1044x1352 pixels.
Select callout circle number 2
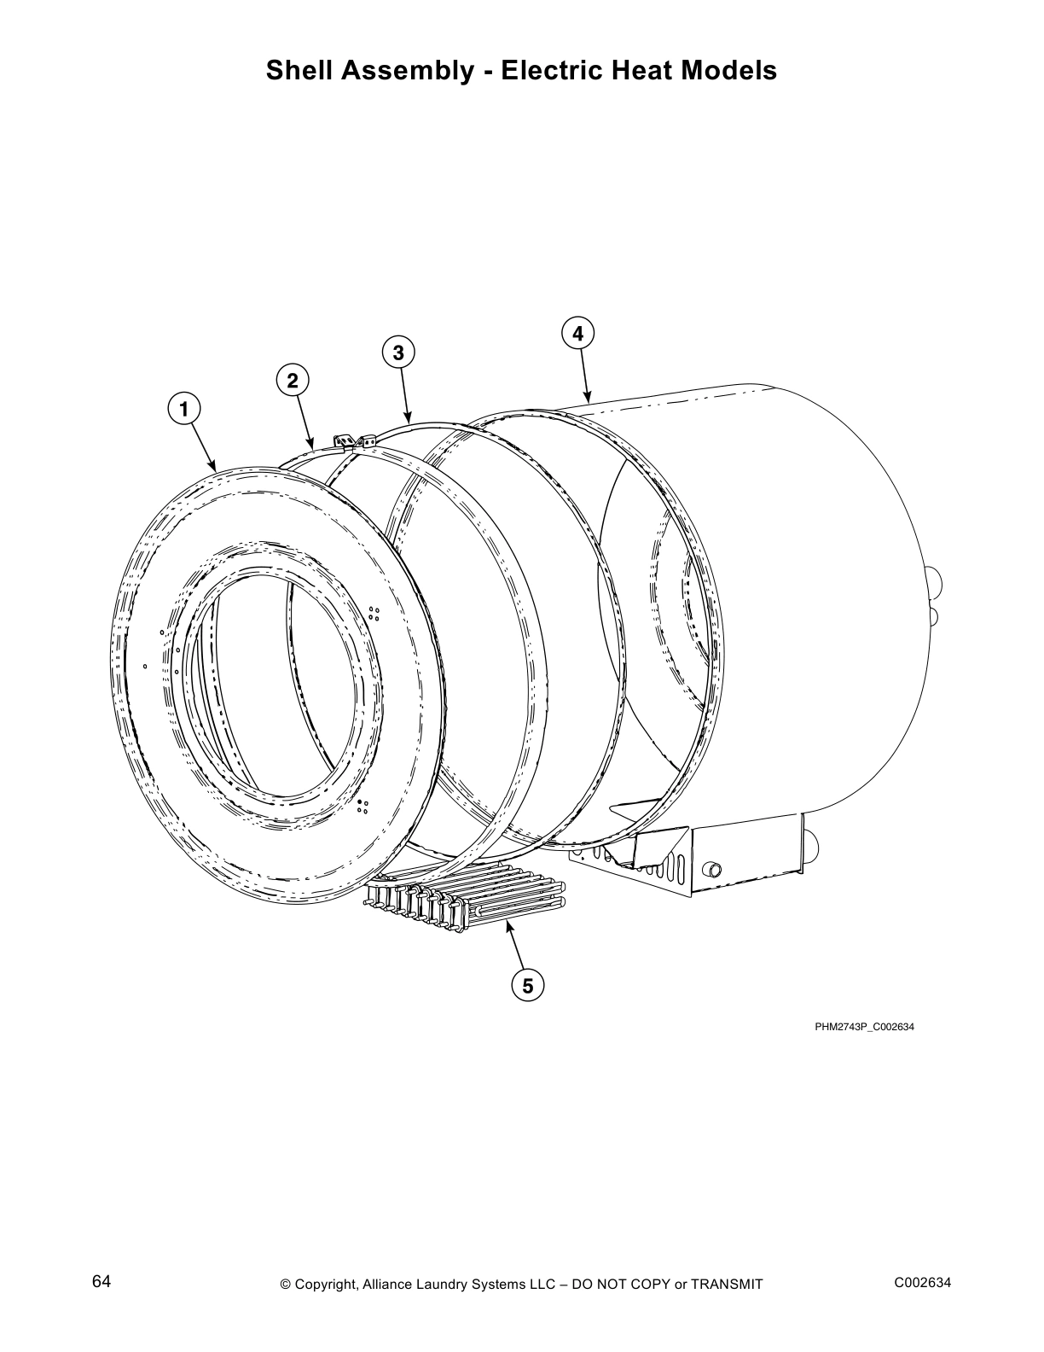point(293,381)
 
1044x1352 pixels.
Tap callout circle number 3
point(398,352)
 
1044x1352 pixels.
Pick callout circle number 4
point(578,333)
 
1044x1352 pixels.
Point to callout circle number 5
point(528,986)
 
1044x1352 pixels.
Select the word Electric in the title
point(551,70)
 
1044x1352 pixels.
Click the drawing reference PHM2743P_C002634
point(864,1027)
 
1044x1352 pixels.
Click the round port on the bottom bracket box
point(710,869)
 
